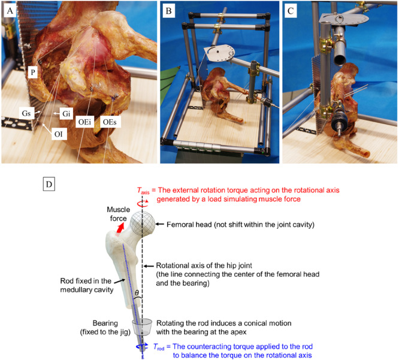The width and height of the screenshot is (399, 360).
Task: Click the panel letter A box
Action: [10, 11]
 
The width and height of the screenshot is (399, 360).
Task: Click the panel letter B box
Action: [169, 11]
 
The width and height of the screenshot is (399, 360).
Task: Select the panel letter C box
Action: [291, 11]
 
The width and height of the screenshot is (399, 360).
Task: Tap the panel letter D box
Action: [49, 184]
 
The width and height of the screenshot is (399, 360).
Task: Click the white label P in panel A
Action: [33, 72]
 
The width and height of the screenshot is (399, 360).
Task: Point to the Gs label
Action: [26, 113]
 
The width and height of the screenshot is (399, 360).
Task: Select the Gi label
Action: [66, 113]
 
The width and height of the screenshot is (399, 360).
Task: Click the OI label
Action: [59, 134]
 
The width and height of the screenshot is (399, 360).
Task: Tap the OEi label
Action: [84, 122]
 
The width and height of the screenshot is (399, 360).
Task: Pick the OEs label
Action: [110, 122]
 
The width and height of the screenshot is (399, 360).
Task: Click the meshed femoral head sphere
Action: [142, 223]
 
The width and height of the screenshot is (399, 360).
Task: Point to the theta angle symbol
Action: [137, 293]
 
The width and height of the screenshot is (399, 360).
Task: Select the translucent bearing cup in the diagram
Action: [142, 328]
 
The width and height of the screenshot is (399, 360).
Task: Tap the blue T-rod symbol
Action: [159, 347]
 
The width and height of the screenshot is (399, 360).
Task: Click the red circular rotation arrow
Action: [143, 204]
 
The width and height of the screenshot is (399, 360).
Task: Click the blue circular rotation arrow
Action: [142, 347]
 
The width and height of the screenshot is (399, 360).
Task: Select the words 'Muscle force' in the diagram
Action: [119, 214]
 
